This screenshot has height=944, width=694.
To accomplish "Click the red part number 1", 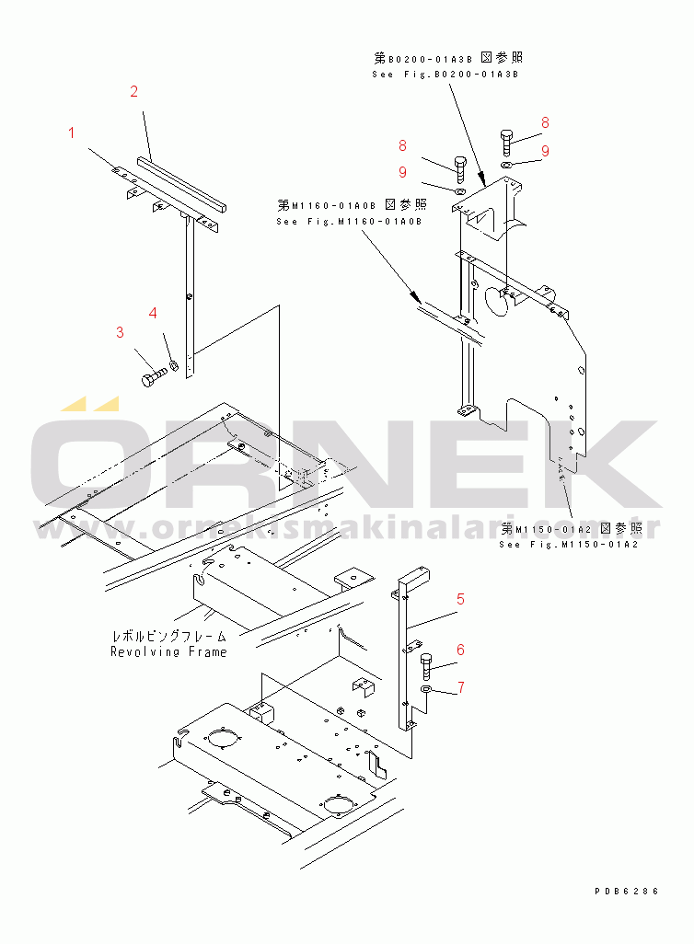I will tap(72, 133).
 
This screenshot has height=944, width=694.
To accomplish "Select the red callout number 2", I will tap(133, 91).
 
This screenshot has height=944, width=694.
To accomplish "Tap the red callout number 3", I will tap(120, 332).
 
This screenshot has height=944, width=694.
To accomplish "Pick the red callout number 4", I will tap(153, 313).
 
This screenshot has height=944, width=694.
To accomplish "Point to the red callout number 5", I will tap(460, 599).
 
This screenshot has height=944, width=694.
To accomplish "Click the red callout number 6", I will tap(460, 650).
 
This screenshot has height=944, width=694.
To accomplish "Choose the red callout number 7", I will tap(460, 687).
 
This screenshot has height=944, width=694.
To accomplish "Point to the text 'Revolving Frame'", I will tap(168, 651).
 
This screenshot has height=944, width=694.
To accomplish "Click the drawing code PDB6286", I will tap(627, 891).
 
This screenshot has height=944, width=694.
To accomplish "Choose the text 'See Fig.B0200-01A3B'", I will tap(445, 74).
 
